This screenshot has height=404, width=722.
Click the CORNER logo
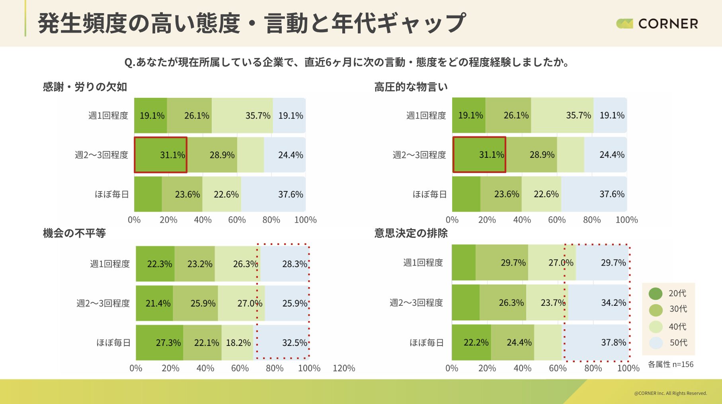[x=657, y=24]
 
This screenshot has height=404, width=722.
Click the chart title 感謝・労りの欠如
[x=85, y=87]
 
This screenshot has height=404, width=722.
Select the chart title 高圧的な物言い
[x=411, y=87]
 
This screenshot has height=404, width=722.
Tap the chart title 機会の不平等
[x=74, y=233]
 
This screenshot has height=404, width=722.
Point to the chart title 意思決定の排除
[x=411, y=233]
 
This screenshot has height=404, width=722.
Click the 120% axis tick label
[x=343, y=368]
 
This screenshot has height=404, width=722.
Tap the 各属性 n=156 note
[x=671, y=364]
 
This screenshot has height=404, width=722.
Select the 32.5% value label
[x=295, y=343]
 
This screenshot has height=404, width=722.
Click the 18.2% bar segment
[x=238, y=343]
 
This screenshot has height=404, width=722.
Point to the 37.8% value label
[x=613, y=343]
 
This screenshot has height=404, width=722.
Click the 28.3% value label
[x=295, y=264]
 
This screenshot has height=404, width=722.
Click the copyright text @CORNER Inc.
[x=670, y=393]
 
